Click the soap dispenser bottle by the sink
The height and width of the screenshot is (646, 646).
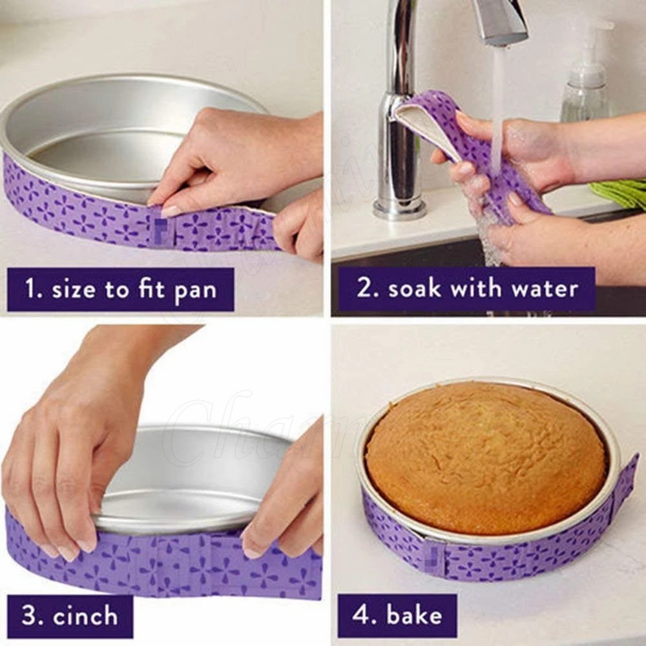[585, 84]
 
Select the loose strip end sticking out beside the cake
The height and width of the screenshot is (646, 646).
[624, 481]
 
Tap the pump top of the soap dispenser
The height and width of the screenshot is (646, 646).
[598, 29]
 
